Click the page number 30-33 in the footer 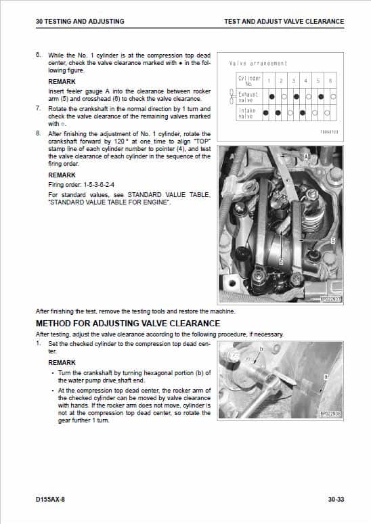(x=335, y=500)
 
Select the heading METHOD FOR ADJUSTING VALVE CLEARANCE (x=127, y=323)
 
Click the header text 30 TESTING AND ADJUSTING (x=79, y=22)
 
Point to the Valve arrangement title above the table (x=259, y=64)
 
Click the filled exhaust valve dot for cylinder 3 (x=293, y=97)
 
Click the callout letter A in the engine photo (x=307, y=156)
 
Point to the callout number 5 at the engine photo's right (x=332, y=240)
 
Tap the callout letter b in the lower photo (x=261, y=349)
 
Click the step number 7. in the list (x=39, y=108)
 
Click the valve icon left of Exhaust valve (x=232, y=97)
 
